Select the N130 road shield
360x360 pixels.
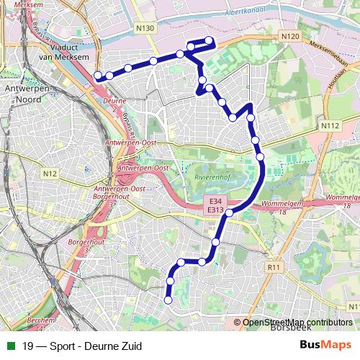click(x=145, y=27)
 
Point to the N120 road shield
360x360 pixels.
click(x=290, y=36)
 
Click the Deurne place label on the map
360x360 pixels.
click(x=115, y=102)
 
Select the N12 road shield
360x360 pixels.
click(x=49, y=174)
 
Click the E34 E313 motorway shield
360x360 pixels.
click(x=214, y=204)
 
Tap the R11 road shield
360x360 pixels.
click(x=272, y=267)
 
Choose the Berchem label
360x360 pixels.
click(x=43, y=319)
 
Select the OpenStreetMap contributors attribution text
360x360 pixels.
click(x=297, y=322)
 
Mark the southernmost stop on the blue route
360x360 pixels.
click(x=168, y=300)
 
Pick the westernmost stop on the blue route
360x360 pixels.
click(x=98, y=75)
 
